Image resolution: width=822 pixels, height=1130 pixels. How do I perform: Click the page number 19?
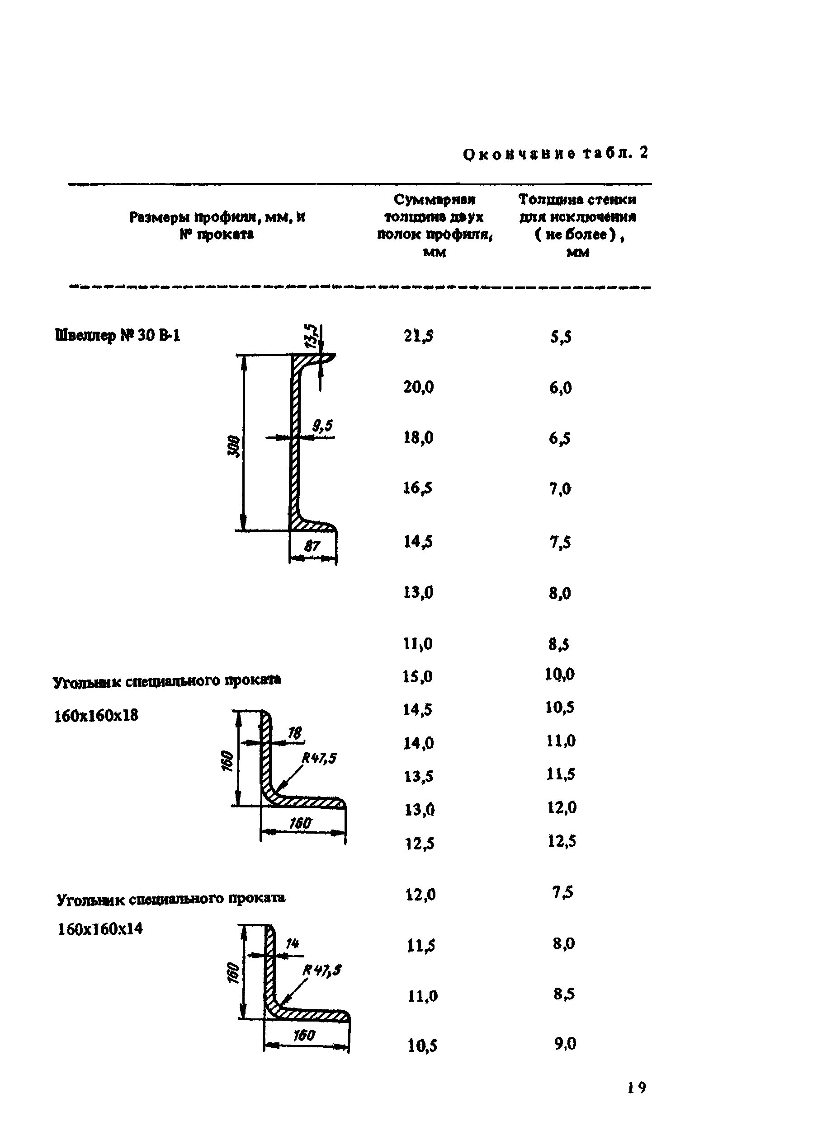[x=637, y=1087]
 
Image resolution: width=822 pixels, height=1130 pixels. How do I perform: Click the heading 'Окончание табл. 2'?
[x=555, y=154]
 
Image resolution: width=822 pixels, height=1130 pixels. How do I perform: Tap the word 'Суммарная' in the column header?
[x=435, y=200]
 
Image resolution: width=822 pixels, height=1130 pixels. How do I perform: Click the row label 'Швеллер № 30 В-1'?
[x=118, y=336]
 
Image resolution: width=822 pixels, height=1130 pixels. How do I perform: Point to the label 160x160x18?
[x=96, y=716]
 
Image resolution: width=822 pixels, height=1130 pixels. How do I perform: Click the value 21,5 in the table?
[x=418, y=336]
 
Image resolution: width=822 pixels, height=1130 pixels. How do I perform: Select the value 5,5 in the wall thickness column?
[x=561, y=338]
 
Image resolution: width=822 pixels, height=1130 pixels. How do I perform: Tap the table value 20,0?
[x=418, y=387]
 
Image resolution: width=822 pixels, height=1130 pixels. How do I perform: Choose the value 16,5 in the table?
[x=418, y=488]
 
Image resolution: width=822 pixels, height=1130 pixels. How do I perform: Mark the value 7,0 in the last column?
[x=560, y=489]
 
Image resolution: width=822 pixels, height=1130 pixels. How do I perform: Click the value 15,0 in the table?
[x=418, y=677]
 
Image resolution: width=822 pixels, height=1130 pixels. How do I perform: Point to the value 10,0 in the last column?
[x=560, y=675]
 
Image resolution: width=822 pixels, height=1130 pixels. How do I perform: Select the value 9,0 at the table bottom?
[x=565, y=1044]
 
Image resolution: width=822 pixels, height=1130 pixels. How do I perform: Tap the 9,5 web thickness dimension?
[x=322, y=426]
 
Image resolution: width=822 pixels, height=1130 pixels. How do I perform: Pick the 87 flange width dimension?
[x=312, y=546]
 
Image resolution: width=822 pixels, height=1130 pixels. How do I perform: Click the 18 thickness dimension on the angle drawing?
[x=295, y=732]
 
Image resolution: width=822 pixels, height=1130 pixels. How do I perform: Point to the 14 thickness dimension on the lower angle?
[x=293, y=943]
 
